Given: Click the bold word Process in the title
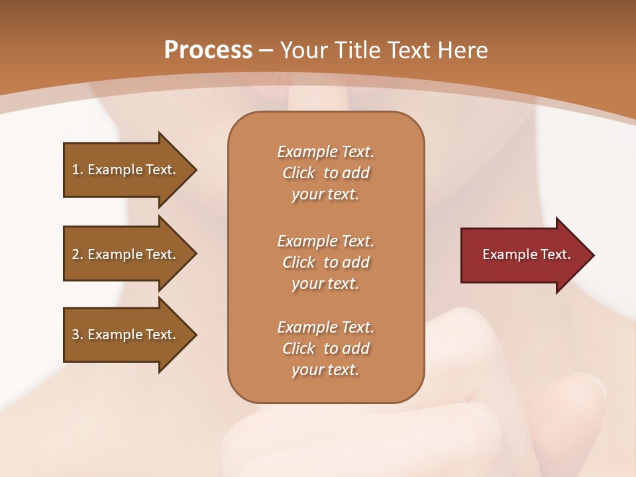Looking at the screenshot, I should tap(208, 50).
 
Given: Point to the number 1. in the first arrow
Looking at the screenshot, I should tap(78, 170).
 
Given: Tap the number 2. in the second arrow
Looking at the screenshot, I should tap(78, 254).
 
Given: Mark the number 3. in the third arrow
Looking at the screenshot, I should tap(78, 335).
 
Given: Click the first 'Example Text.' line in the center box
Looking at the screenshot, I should tap(325, 152).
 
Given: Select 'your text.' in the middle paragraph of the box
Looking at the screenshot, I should tap(325, 284).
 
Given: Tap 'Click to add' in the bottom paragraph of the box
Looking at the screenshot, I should tap(325, 348).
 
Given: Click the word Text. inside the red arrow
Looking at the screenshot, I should tap(555, 254).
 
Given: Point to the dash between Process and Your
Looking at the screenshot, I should tap(266, 51).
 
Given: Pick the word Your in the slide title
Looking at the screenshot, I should tap(302, 50).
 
